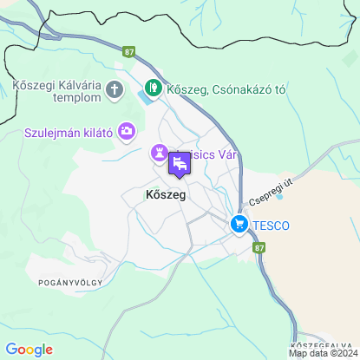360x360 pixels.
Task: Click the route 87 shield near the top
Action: tap(130, 53)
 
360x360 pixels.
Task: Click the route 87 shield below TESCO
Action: tap(260, 247)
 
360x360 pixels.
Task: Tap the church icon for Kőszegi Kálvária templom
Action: tap(115, 89)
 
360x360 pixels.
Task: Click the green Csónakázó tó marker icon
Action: tap(153, 88)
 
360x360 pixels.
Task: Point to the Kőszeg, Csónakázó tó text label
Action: tap(226, 89)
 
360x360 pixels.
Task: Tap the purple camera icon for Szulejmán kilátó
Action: tap(128, 132)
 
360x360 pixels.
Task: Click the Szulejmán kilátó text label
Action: tap(69, 133)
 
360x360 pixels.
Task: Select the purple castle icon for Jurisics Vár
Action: tap(160, 153)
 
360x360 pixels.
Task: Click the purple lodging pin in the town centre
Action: tap(180, 163)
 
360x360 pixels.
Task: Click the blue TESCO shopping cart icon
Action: tap(239, 226)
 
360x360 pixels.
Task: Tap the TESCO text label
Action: tap(272, 226)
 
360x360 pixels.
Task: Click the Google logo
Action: tap(29, 350)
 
